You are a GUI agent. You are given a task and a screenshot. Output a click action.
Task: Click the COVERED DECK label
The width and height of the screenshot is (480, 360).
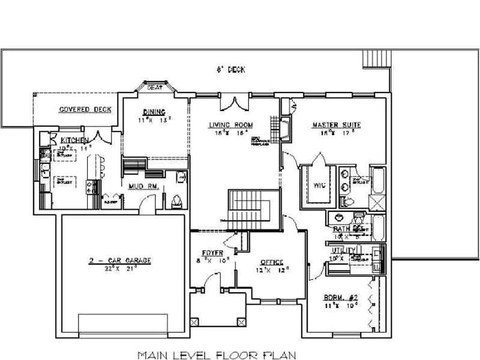85,110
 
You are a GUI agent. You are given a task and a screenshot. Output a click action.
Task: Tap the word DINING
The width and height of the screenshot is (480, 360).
150,112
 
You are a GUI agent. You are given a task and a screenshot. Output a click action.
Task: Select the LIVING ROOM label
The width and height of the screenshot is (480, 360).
230,125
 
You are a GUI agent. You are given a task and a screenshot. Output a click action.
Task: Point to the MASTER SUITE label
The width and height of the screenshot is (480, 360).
336,125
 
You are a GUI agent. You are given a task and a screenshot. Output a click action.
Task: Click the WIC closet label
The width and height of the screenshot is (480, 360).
319,185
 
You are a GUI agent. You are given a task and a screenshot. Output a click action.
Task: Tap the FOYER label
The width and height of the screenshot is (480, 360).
212,253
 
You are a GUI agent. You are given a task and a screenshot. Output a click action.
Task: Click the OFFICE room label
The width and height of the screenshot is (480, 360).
271,263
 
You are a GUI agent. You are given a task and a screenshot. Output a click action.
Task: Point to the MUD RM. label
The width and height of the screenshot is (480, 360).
143,187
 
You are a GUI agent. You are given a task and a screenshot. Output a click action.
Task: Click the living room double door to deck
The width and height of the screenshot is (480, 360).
233,104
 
